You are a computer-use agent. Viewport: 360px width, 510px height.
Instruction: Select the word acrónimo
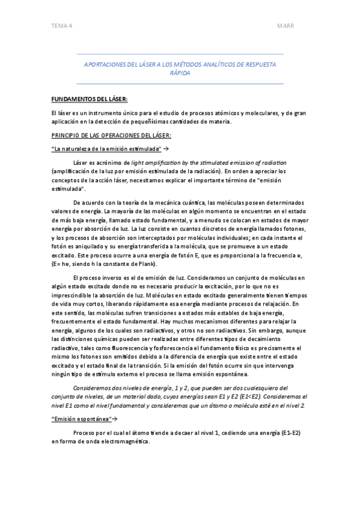[107, 162]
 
